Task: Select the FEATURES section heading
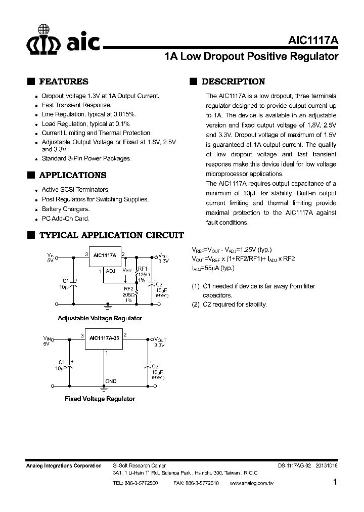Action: point(63,81)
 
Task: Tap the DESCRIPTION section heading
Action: point(233,81)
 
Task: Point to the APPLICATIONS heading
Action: point(72,175)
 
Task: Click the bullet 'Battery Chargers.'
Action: point(65,209)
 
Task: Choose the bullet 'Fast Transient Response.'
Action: point(76,105)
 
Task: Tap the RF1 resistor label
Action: point(143,268)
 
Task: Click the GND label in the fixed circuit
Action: point(111,381)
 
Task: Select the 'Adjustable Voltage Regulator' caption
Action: point(100,318)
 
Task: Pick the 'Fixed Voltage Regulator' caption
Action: point(100,399)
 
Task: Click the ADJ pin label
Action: point(110,271)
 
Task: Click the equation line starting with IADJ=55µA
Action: point(212,268)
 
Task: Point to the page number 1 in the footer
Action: point(335,482)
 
